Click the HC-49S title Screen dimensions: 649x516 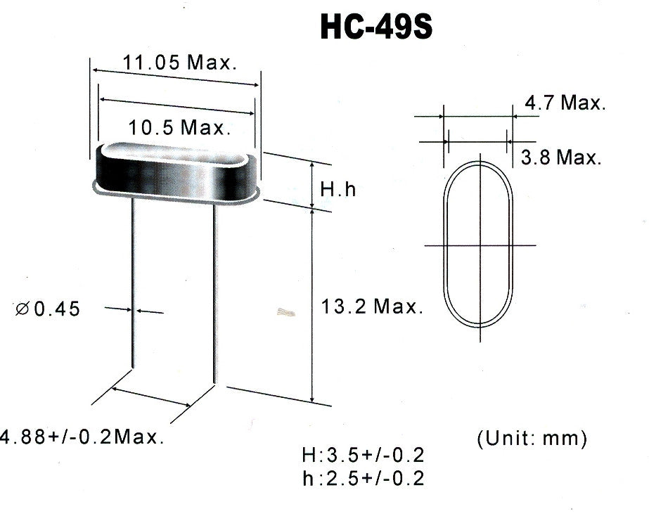point(376,27)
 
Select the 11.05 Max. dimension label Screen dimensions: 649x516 point(179,63)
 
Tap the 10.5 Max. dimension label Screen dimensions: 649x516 point(179,127)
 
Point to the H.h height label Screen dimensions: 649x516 point(338,189)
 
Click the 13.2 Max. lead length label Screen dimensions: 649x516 point(372,307)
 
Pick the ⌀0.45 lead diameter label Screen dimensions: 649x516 point(48,309)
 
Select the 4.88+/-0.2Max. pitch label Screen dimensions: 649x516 point(82,437)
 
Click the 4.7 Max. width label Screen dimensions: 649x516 point(565,102)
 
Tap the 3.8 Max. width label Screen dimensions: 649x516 point(561,157)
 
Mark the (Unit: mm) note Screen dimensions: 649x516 point(532,438)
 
